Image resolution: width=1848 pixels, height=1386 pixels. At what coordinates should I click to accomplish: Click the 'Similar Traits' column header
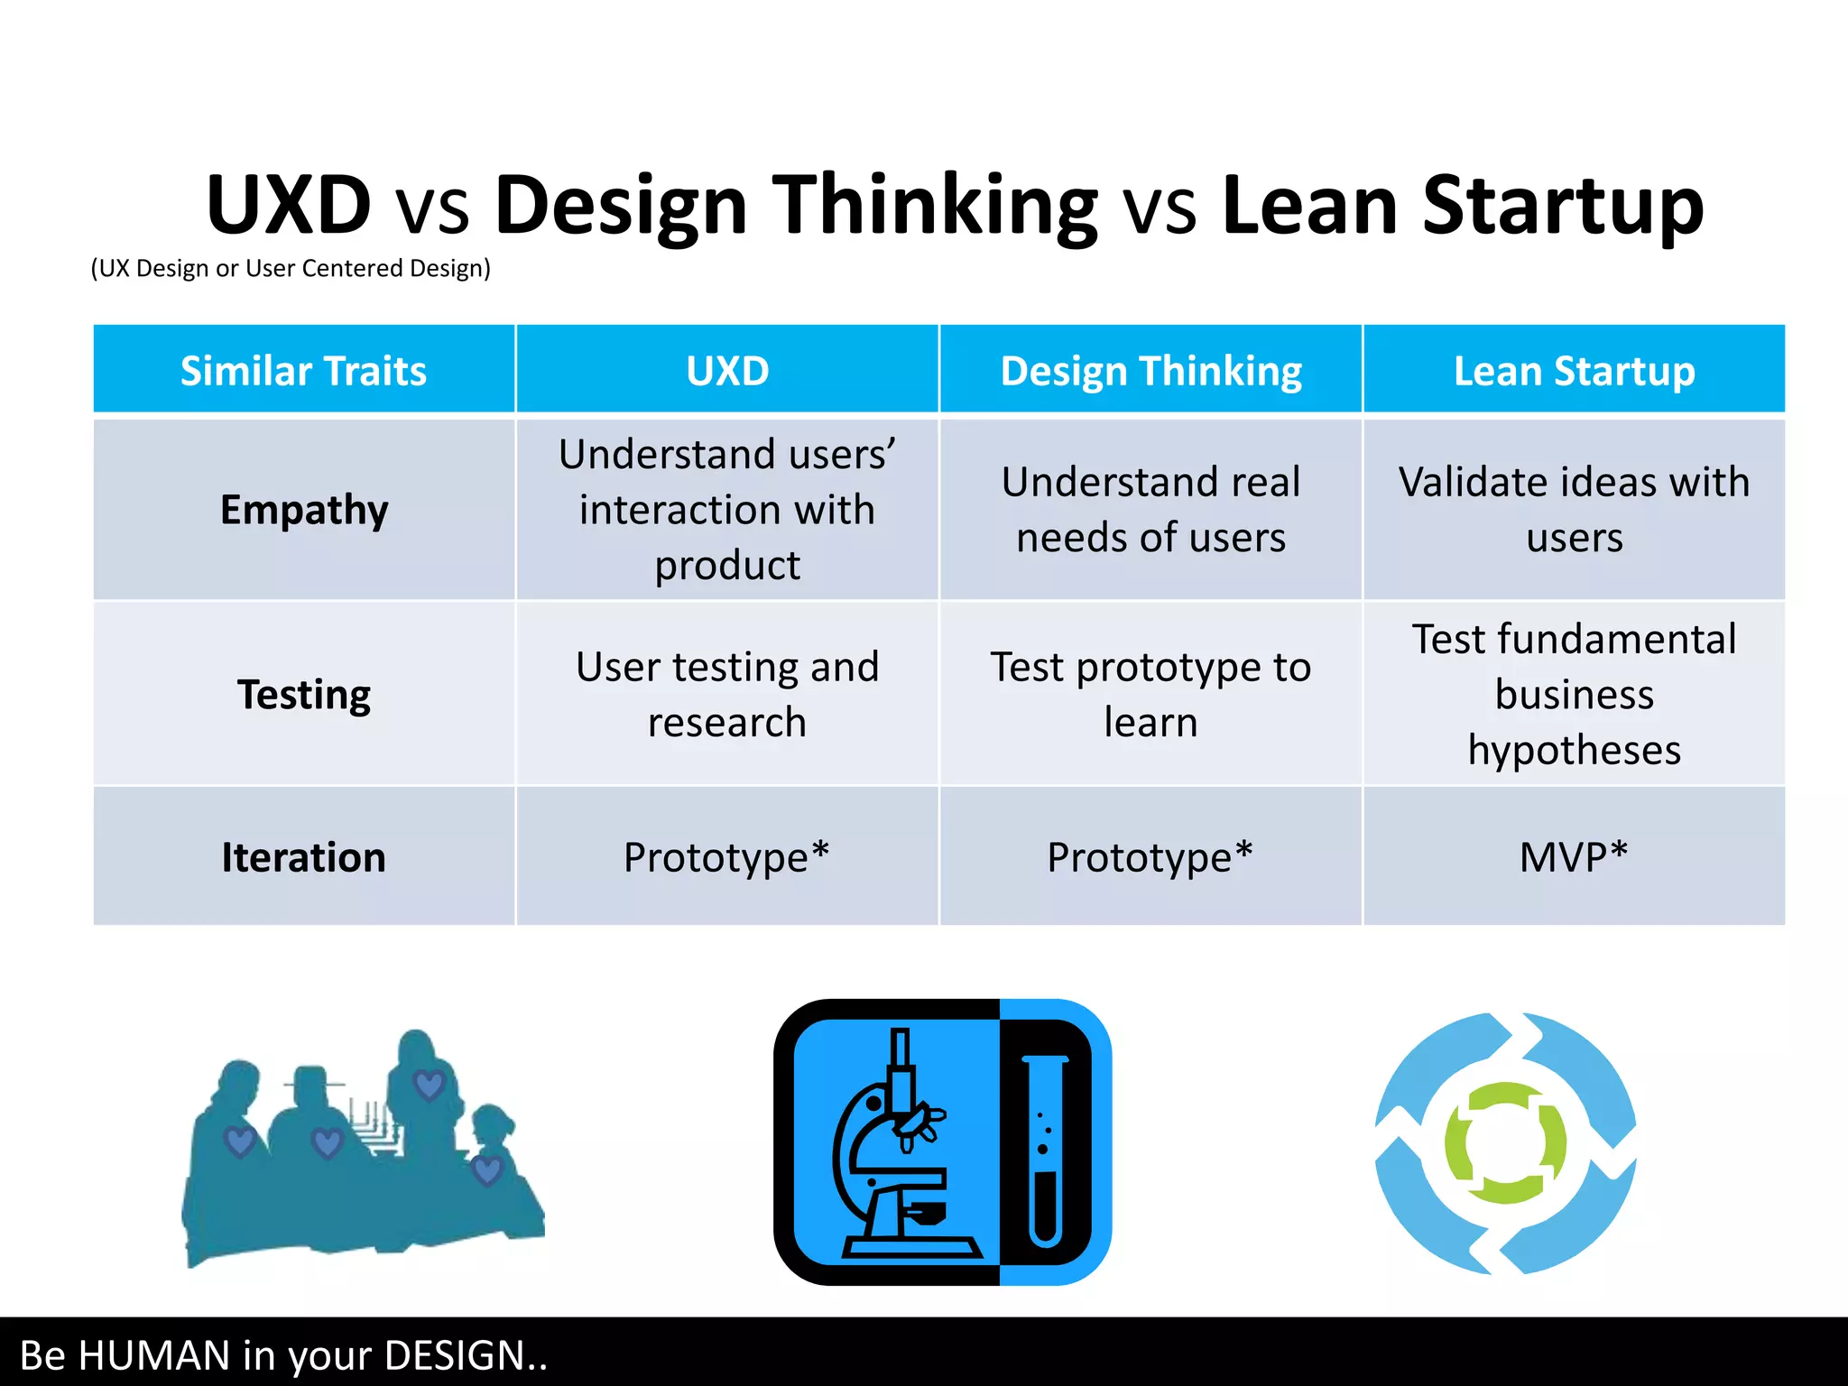pyautogui.click(x=303, y=371)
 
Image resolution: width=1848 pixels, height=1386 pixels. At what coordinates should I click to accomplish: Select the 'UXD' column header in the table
pyautogui.click(x=727, y=371)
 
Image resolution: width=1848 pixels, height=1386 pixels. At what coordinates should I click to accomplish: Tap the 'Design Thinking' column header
pyautogui.click(x=1150, y=371)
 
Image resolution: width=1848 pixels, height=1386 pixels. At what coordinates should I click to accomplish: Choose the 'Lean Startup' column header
pyautogui.click(x=1574, y=371)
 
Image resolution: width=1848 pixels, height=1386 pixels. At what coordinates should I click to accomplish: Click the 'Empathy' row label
pyautogui.click(x=304, y=510)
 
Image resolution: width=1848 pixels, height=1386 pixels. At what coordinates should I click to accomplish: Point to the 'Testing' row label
pyautogui.click(x=304, y=694)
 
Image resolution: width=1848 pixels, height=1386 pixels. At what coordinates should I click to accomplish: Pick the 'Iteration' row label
pyautogui.click(x=304, y=856)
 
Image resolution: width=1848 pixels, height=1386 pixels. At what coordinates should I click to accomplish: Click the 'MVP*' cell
pyautogui.click(x=1574, y=856)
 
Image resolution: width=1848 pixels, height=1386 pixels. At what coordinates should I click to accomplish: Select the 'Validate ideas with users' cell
pyautogui.click(x=1574, y=510)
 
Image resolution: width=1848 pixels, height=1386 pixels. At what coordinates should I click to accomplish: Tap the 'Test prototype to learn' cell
pyautogui.click(x=1150, y=694)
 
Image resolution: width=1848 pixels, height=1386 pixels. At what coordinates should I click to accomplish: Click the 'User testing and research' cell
pyautogui.click(x=727, y=694)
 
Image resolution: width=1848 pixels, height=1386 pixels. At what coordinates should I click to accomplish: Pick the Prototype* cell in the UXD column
pyautogui.click(x=727, y=856)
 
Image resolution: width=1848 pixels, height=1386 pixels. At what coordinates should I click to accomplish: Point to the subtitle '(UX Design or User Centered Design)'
pyautogui.click(x=291, y=268)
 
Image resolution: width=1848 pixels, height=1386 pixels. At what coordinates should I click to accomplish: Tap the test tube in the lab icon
pyautogui.click(x=1045, y=1150)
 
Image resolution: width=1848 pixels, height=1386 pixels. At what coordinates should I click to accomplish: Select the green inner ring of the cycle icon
pyautogui.click(x=1505, y=1143)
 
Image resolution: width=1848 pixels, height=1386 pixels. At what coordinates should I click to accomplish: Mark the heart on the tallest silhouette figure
pyautogui.click(x=429, y=1084)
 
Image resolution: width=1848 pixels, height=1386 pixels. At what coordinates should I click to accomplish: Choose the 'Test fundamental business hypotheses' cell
pyautogui.click(x=1574, y=694)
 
